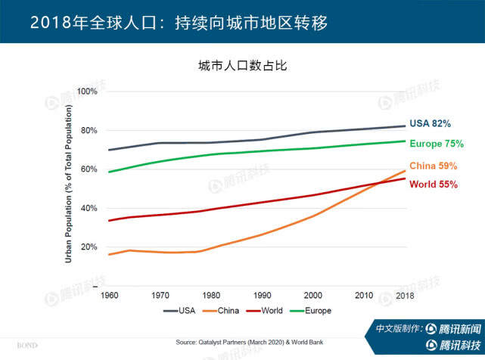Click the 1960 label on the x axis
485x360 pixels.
(109, 294)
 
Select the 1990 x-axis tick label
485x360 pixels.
(262, 294)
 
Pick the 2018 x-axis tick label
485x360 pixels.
(405, 294)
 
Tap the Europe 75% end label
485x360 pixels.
(436, 144)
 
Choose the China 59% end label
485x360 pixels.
(434, 166)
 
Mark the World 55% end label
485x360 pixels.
(434, 185)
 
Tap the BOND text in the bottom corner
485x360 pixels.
(27, 346)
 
